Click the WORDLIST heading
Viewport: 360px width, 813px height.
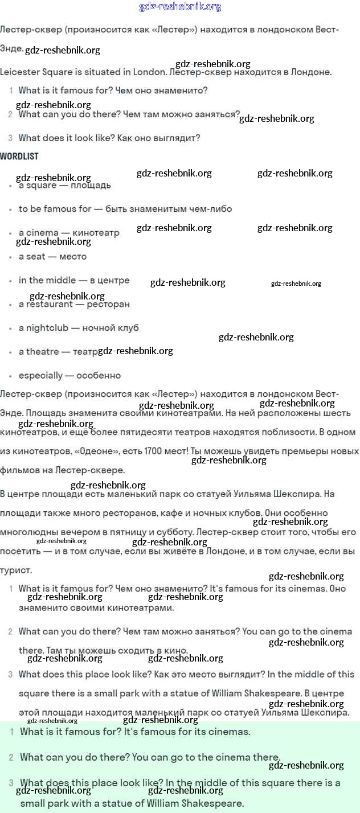tap(19, 156)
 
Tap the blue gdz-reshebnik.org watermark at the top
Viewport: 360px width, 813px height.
tap(180, 7)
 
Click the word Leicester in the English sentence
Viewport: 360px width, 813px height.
tap(21, 72)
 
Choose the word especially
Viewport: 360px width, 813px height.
tap(40, 376)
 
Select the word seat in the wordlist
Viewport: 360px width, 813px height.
tap(35, 257)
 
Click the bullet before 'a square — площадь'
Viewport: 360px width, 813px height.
tap(10, 186)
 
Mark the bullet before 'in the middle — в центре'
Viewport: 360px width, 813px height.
tap(10, 281)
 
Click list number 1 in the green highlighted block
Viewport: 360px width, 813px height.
tap(11, 732)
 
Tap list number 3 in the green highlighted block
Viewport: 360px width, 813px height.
tap(11, 783)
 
